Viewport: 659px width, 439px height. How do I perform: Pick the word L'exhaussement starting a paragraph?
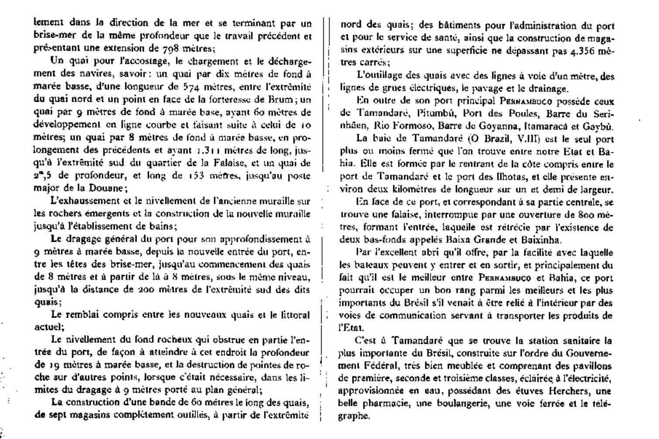pyautogui.click(x=77, y=201)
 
